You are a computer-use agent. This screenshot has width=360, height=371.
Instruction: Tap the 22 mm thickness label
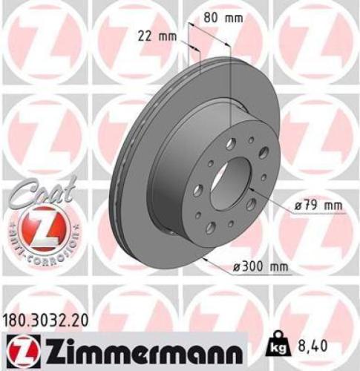click(x=152, y=34)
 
